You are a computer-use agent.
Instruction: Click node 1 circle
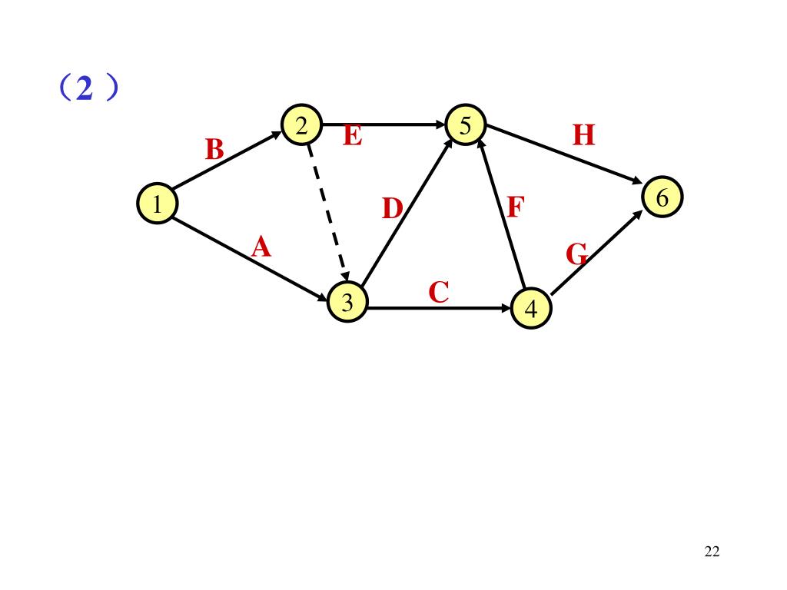(157, 204)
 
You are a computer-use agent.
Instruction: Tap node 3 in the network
(347, 303)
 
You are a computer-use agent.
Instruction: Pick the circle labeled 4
(531, 309)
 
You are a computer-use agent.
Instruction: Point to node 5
(465, 124)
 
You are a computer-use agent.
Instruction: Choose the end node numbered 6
(662, 198)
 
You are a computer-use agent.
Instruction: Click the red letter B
(214, 150)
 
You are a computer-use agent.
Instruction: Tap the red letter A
(262, 247)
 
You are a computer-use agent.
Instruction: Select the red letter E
(352, 136)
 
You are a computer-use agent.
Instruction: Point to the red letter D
(393, 208)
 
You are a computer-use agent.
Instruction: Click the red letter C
(439, 292)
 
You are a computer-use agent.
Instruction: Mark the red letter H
(584, 136)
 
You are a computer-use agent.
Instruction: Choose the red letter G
(576, 253)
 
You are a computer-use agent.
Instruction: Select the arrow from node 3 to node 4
(438, 309)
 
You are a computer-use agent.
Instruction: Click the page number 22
(711, 552)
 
